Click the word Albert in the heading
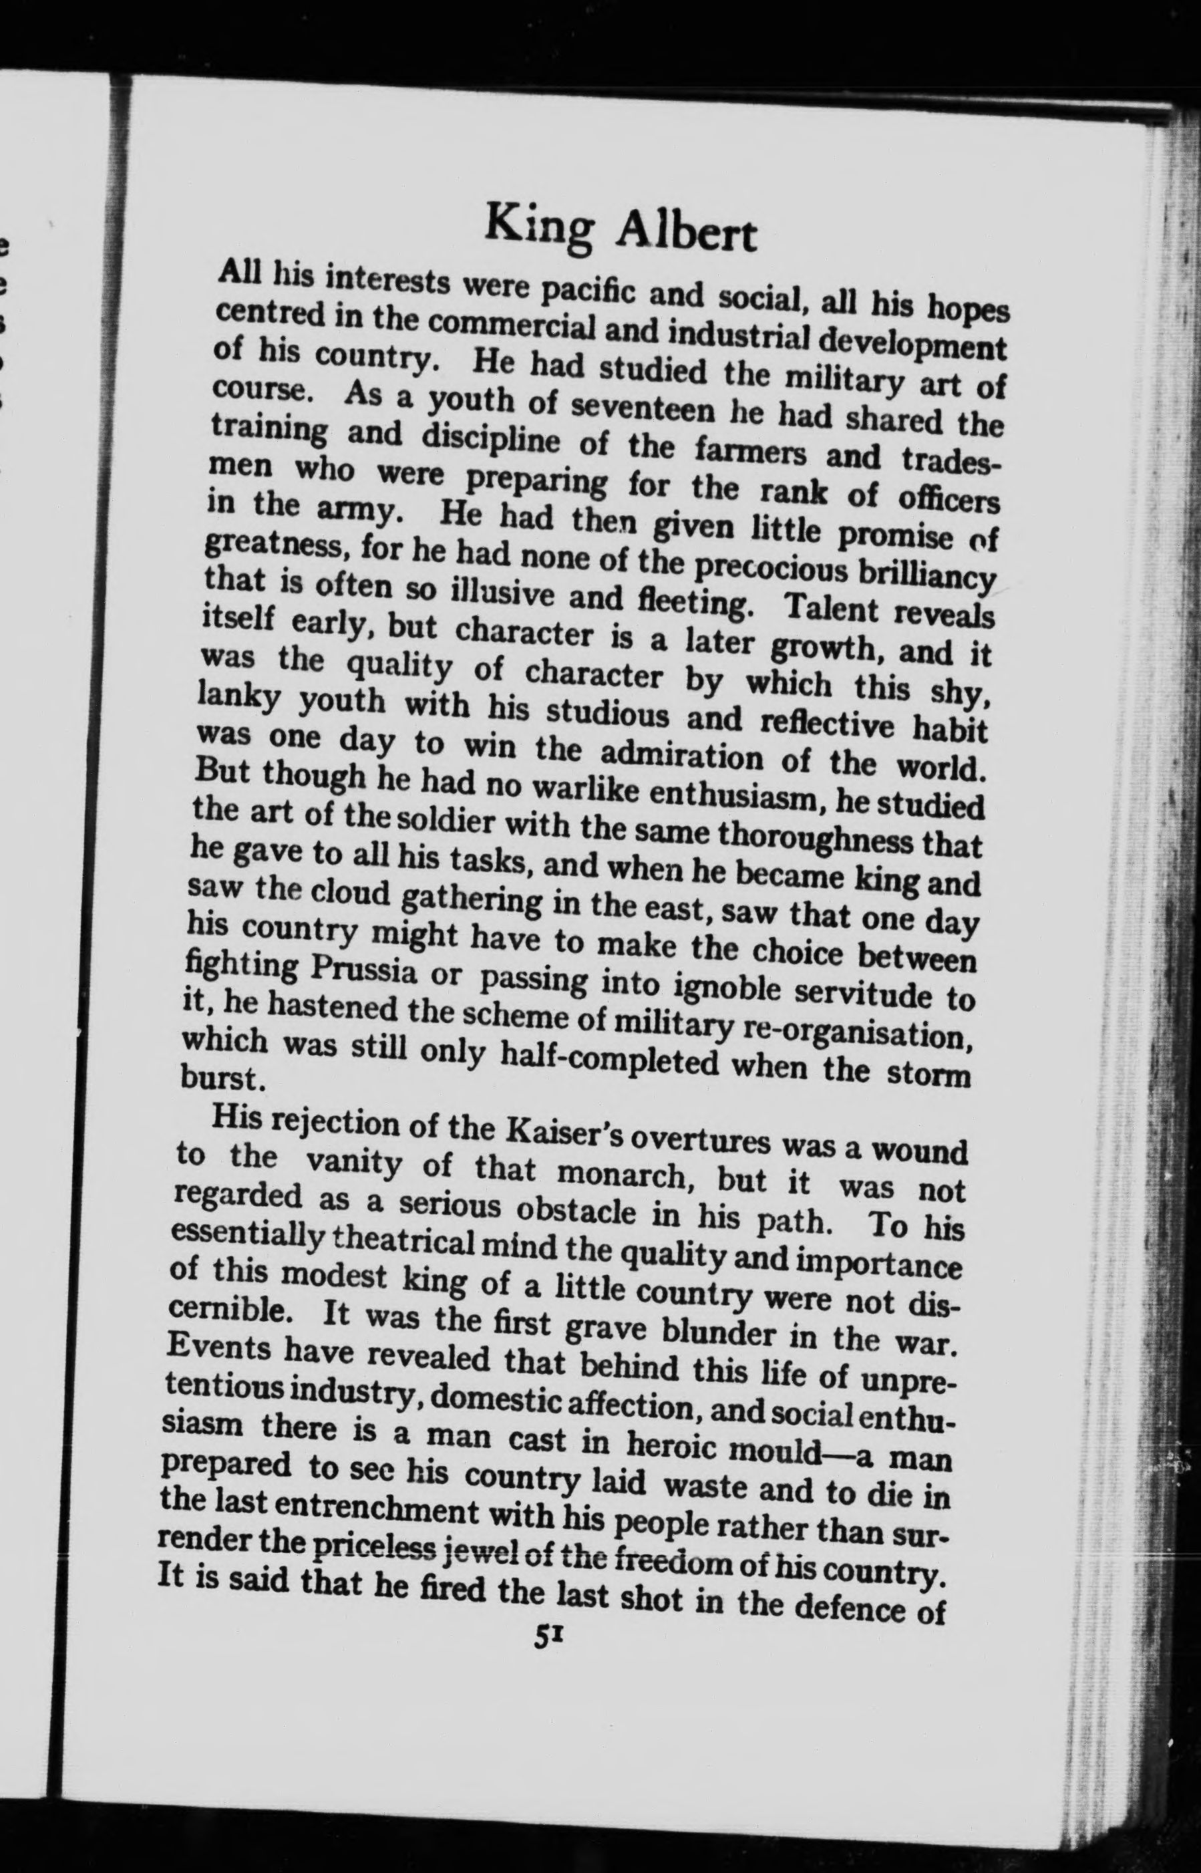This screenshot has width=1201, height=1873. point(685,234)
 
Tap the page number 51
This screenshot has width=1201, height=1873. point(549,1637)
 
